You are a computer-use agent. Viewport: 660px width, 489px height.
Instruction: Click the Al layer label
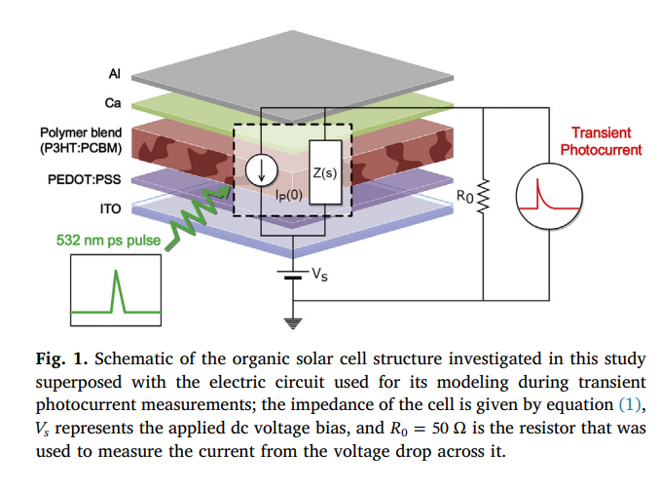(x=114, y=74)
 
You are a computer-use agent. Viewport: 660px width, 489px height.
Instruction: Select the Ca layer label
(x=112, y=101)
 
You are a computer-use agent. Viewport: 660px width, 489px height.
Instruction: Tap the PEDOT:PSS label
(x=85, y=180)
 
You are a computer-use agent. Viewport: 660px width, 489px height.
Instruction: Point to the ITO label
(x=109, y=207)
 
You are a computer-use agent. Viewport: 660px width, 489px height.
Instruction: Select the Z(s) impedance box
(x=324, y=172)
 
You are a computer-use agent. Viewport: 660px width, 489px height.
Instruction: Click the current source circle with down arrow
(x=261, y=171)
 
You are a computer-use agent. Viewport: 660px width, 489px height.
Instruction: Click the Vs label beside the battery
(x=319, y=275)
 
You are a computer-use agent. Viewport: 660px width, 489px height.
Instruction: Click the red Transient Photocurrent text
(x=601, y=141)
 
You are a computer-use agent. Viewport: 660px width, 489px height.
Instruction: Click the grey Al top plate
(x=292, y=73)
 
